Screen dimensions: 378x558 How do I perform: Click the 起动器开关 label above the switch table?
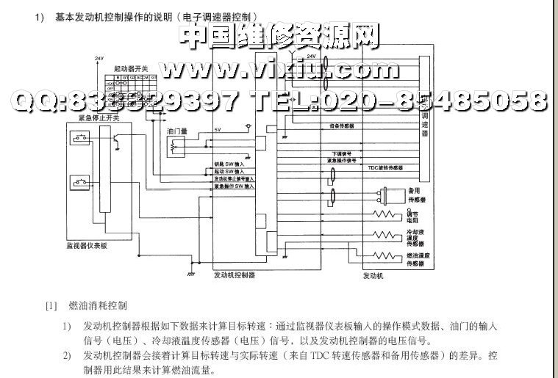pos(129,68)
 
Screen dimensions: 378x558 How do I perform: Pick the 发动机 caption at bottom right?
pos(375,276)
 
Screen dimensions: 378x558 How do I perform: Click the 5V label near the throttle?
pos(218,130)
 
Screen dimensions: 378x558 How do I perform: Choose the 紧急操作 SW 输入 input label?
pos(235,186)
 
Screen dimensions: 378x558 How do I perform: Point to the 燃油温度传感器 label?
pos(416,259)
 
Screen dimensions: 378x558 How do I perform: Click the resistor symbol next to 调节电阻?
pos(384,216)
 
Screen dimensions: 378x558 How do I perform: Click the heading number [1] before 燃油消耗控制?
pos(51,305)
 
